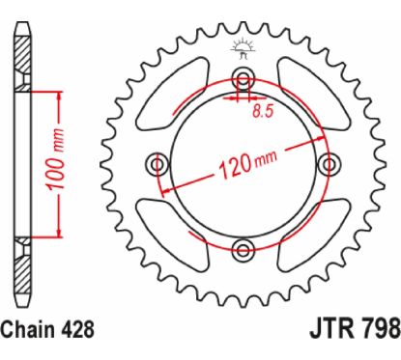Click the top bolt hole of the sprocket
243,77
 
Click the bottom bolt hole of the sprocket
243,248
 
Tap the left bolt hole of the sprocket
158,165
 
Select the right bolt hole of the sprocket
329,165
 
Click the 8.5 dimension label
263,111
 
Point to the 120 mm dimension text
247,164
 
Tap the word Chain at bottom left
27,329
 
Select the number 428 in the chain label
77,329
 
